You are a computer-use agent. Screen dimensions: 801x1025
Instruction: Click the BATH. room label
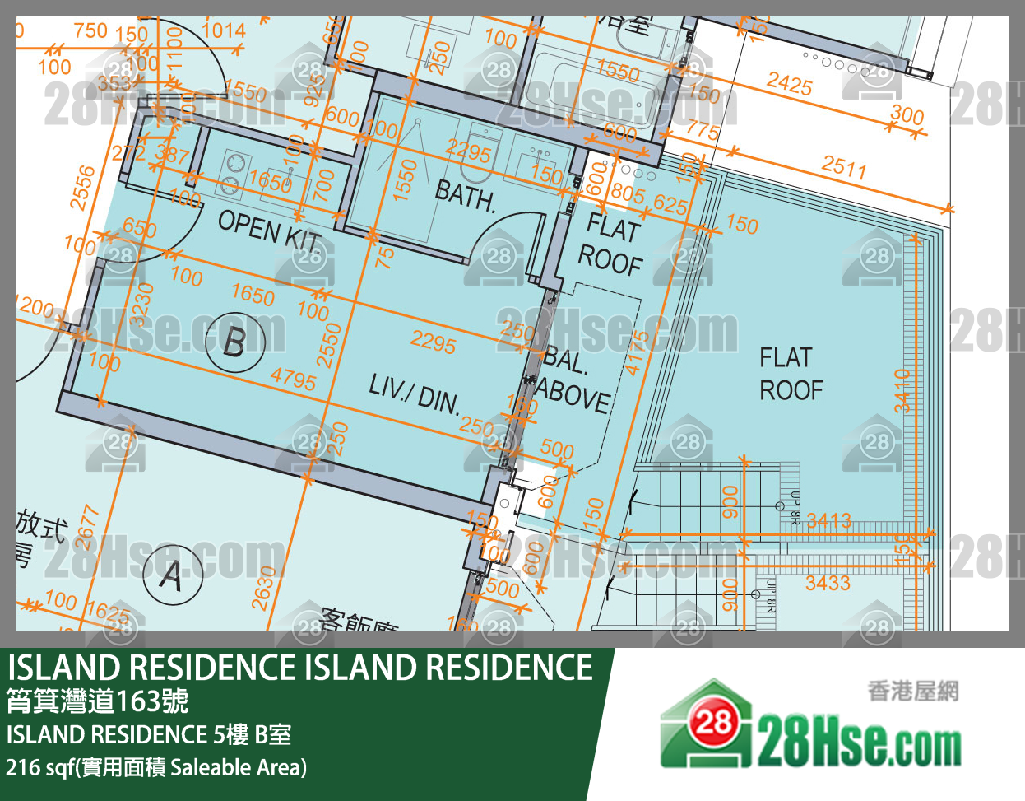point(465,196)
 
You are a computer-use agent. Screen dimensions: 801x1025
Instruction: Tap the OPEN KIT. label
point(270,230)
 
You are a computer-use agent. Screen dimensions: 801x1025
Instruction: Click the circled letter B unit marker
point(234,341)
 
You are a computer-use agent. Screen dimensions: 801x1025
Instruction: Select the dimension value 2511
point(843,168)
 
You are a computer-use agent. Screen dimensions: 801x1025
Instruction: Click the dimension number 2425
point(789,83)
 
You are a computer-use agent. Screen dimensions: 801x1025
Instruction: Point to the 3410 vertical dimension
point(902,391)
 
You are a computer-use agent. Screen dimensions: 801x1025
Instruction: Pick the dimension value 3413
point(828,520)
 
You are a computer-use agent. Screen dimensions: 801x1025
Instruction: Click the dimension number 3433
point(828,584)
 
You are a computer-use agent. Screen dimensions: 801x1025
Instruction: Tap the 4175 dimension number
point(636,352)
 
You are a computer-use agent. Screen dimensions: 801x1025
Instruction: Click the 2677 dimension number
point(86,527)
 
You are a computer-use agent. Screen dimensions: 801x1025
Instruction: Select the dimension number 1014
point(223,30)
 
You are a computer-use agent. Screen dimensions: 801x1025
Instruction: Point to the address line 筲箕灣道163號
point(97,701)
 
